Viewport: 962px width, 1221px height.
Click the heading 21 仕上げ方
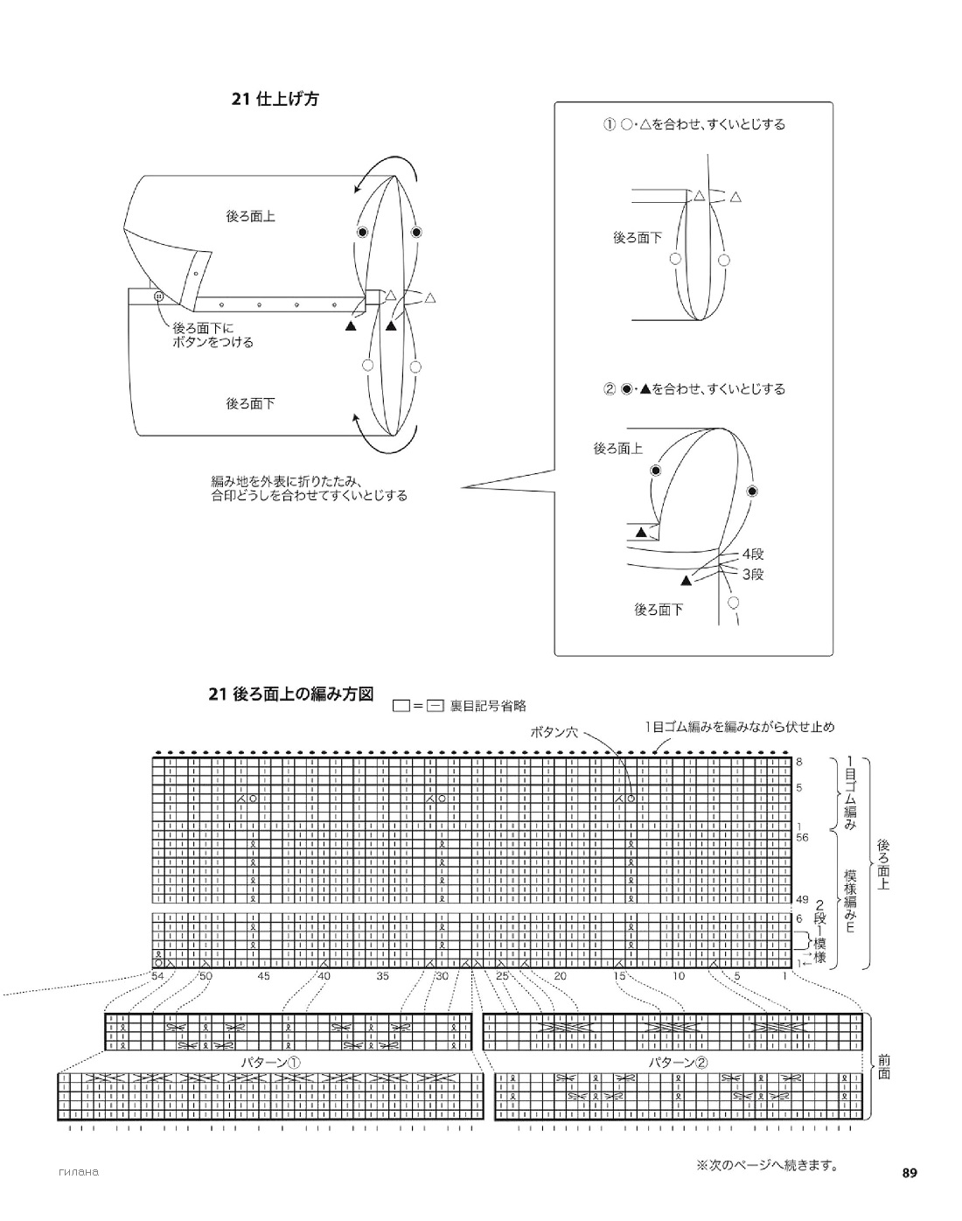coord(275,100)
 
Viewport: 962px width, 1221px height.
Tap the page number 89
coord(910,1173)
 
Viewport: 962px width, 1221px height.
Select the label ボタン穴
coord(554,732)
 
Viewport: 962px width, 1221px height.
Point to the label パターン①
coord(271,1063)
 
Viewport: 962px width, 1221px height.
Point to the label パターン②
coord(679,1063)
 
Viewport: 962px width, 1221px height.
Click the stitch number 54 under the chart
coord(157,976)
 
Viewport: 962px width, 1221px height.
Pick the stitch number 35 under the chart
coord(382,976)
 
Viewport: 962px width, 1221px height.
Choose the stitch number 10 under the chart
coord(679,976)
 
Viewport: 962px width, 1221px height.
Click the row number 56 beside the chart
coord(802,837)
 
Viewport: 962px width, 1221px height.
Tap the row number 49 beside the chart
coord(802,899)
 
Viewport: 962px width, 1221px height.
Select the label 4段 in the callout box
coord(753,554)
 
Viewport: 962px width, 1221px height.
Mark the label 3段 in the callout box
coord(753,575)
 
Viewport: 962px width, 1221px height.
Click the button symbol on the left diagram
coord(158,296)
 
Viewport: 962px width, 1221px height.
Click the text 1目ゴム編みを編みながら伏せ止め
coord(740,727)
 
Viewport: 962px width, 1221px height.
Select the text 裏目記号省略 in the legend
coord(488,706)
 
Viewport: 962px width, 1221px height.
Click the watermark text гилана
coord(79,1172)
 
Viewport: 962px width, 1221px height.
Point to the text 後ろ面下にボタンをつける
coord(213,335)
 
